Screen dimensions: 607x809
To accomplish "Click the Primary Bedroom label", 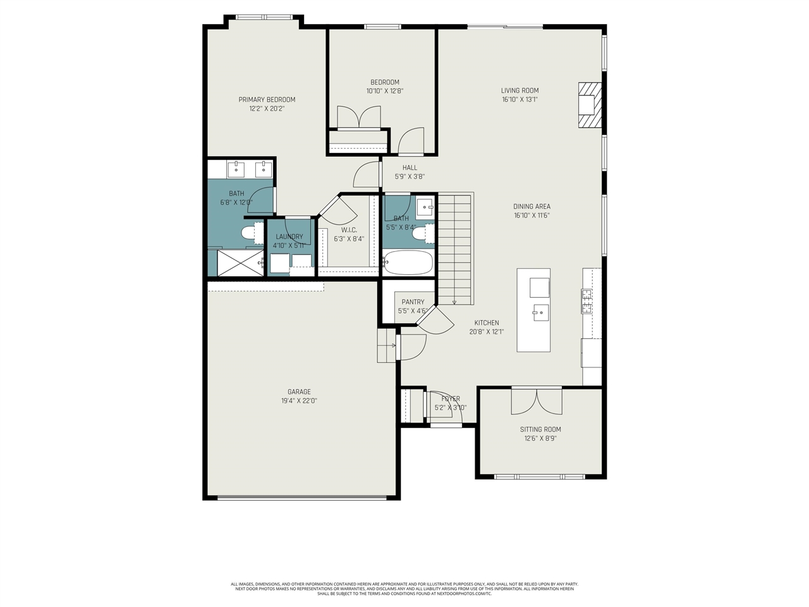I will point(267,99).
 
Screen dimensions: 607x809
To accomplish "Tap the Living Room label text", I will point(520,90).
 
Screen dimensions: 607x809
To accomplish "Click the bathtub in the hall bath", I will point(408,262).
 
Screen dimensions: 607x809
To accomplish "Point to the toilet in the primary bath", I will point(248,233).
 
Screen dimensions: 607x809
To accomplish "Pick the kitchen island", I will point(533,310).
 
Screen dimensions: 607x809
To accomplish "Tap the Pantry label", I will point(413,302).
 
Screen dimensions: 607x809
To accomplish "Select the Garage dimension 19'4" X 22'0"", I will point(299,401).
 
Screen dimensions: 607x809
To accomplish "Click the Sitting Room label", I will point(540,429).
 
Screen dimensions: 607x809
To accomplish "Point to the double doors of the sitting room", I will point(536,401).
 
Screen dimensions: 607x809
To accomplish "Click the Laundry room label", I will point(289,236).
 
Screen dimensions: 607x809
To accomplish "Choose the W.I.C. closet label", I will point(349,230).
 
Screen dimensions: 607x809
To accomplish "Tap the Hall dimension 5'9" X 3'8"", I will point(409,177).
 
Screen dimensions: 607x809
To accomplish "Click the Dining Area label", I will point(532,206).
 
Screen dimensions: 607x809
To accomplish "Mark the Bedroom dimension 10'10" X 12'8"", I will point(384,91).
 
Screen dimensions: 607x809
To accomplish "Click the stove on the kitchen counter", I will point(587,302).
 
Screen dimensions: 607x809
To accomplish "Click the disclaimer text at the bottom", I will point(404,589).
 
